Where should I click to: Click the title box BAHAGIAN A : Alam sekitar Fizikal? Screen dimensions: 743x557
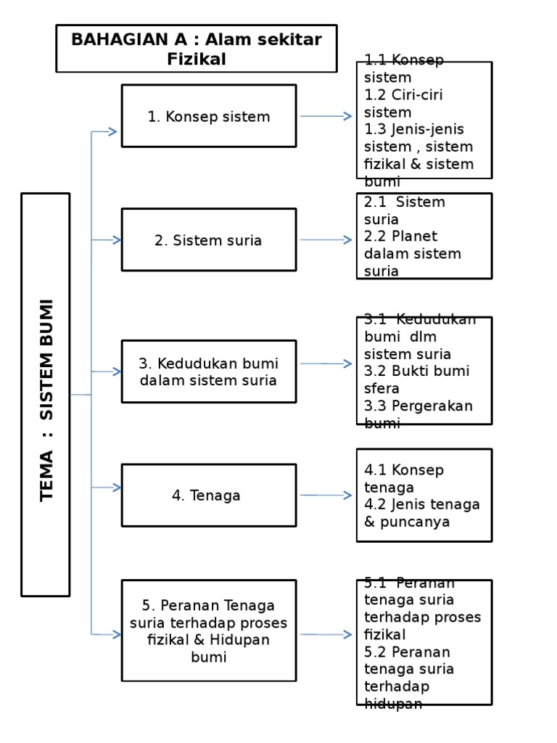[197, 49]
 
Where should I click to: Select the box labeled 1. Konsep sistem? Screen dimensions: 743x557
[209, 116]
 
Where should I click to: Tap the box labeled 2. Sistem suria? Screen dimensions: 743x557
[209, 240]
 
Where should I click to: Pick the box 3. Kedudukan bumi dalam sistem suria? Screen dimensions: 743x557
[209, 371]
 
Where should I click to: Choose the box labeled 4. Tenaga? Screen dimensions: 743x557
[209, 496]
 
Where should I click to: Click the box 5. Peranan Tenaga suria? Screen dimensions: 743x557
[209, 631]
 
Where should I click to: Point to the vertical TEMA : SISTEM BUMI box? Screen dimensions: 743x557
[46, 395]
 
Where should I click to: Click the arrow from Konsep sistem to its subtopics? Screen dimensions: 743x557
[326, 116]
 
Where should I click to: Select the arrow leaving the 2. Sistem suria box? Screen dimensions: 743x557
[326, 240]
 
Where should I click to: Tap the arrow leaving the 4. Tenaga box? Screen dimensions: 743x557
[326, 496]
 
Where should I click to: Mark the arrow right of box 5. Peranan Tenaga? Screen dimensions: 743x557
[326, 635]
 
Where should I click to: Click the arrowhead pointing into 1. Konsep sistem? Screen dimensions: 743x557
[112, 131]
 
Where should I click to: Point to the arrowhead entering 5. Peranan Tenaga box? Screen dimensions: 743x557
[115, 635]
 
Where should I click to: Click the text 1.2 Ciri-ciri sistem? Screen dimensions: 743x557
[403, 104]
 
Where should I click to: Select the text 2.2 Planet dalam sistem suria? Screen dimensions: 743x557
[413, 254]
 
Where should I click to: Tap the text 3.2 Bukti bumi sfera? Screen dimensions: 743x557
[416, 379]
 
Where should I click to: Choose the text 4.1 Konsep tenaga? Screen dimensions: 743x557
[403, 479]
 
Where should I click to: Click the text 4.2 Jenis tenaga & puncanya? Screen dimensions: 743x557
[421, 513]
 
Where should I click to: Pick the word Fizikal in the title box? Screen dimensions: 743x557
[197, 59]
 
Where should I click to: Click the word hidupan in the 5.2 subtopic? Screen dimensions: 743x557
[393, 703]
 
